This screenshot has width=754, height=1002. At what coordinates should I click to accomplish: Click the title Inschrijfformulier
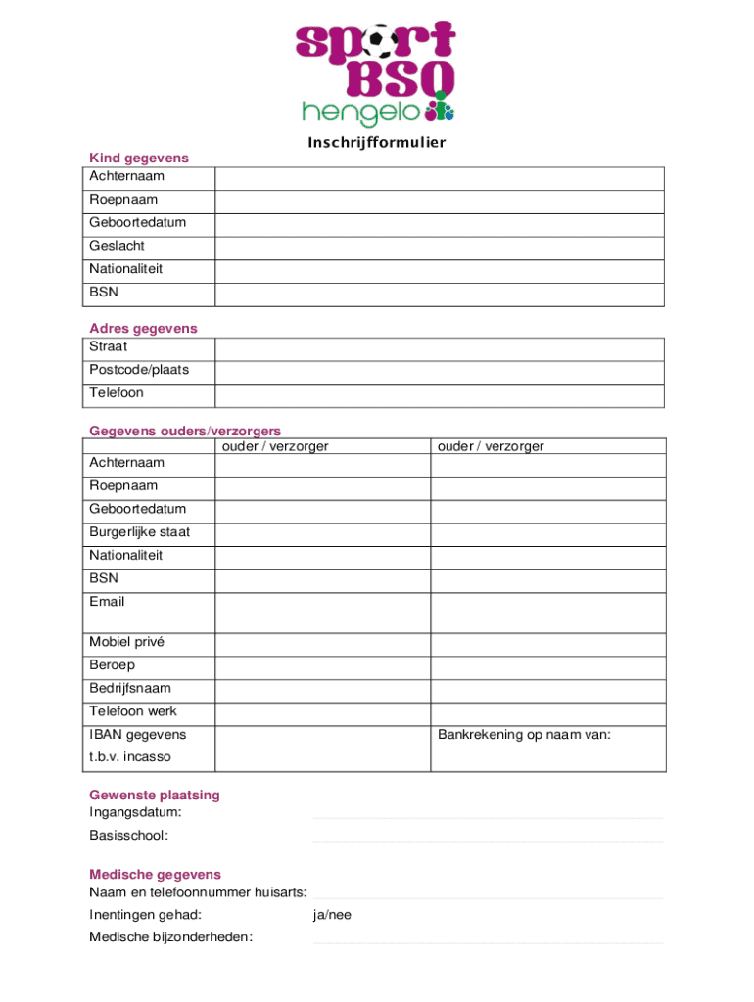pyautogui.click(x=377, y=143)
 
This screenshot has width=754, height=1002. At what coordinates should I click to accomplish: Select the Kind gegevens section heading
pyautogui.click(x=139, y=158)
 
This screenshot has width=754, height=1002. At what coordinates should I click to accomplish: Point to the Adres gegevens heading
pyautogui.click(x=143, y=329)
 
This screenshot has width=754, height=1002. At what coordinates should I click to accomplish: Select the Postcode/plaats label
pyautogui.click(x=139, y=370)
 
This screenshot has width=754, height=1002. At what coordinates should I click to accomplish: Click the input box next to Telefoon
pyautogui.click(x=439, y=394)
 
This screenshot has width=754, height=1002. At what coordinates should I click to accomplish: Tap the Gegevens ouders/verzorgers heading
pyautogui.click(x=185, y=431)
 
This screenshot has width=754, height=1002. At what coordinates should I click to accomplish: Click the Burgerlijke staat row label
pyautogui.click(x=140, y=532)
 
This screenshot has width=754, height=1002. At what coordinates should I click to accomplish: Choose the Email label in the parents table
pyautogui.click(x=108, y=602)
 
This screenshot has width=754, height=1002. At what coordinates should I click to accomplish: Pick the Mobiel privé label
pyautogui.click(x=127, y=642)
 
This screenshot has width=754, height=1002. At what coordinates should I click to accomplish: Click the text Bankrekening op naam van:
pyautogui.click(x=524, y=735)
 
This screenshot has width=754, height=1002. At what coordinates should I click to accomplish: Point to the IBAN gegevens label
pyautogui.click(x=138, y=735)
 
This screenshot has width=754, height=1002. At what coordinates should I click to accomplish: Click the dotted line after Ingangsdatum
pyautogui.click(x=488, y=816)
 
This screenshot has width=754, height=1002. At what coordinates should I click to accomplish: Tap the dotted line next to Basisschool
pyautogui.click(x=488, y=840)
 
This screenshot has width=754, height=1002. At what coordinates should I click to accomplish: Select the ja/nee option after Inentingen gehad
pyautogui.click(x=332, y=915)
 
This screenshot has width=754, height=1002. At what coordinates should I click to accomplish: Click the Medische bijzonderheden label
pyautogui.click(x=170, y=937)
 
